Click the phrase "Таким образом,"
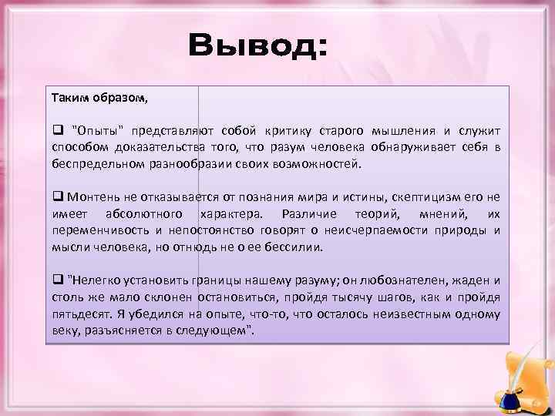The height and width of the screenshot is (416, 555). click(99, 99)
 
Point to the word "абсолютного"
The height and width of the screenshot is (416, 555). click(146, 213)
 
